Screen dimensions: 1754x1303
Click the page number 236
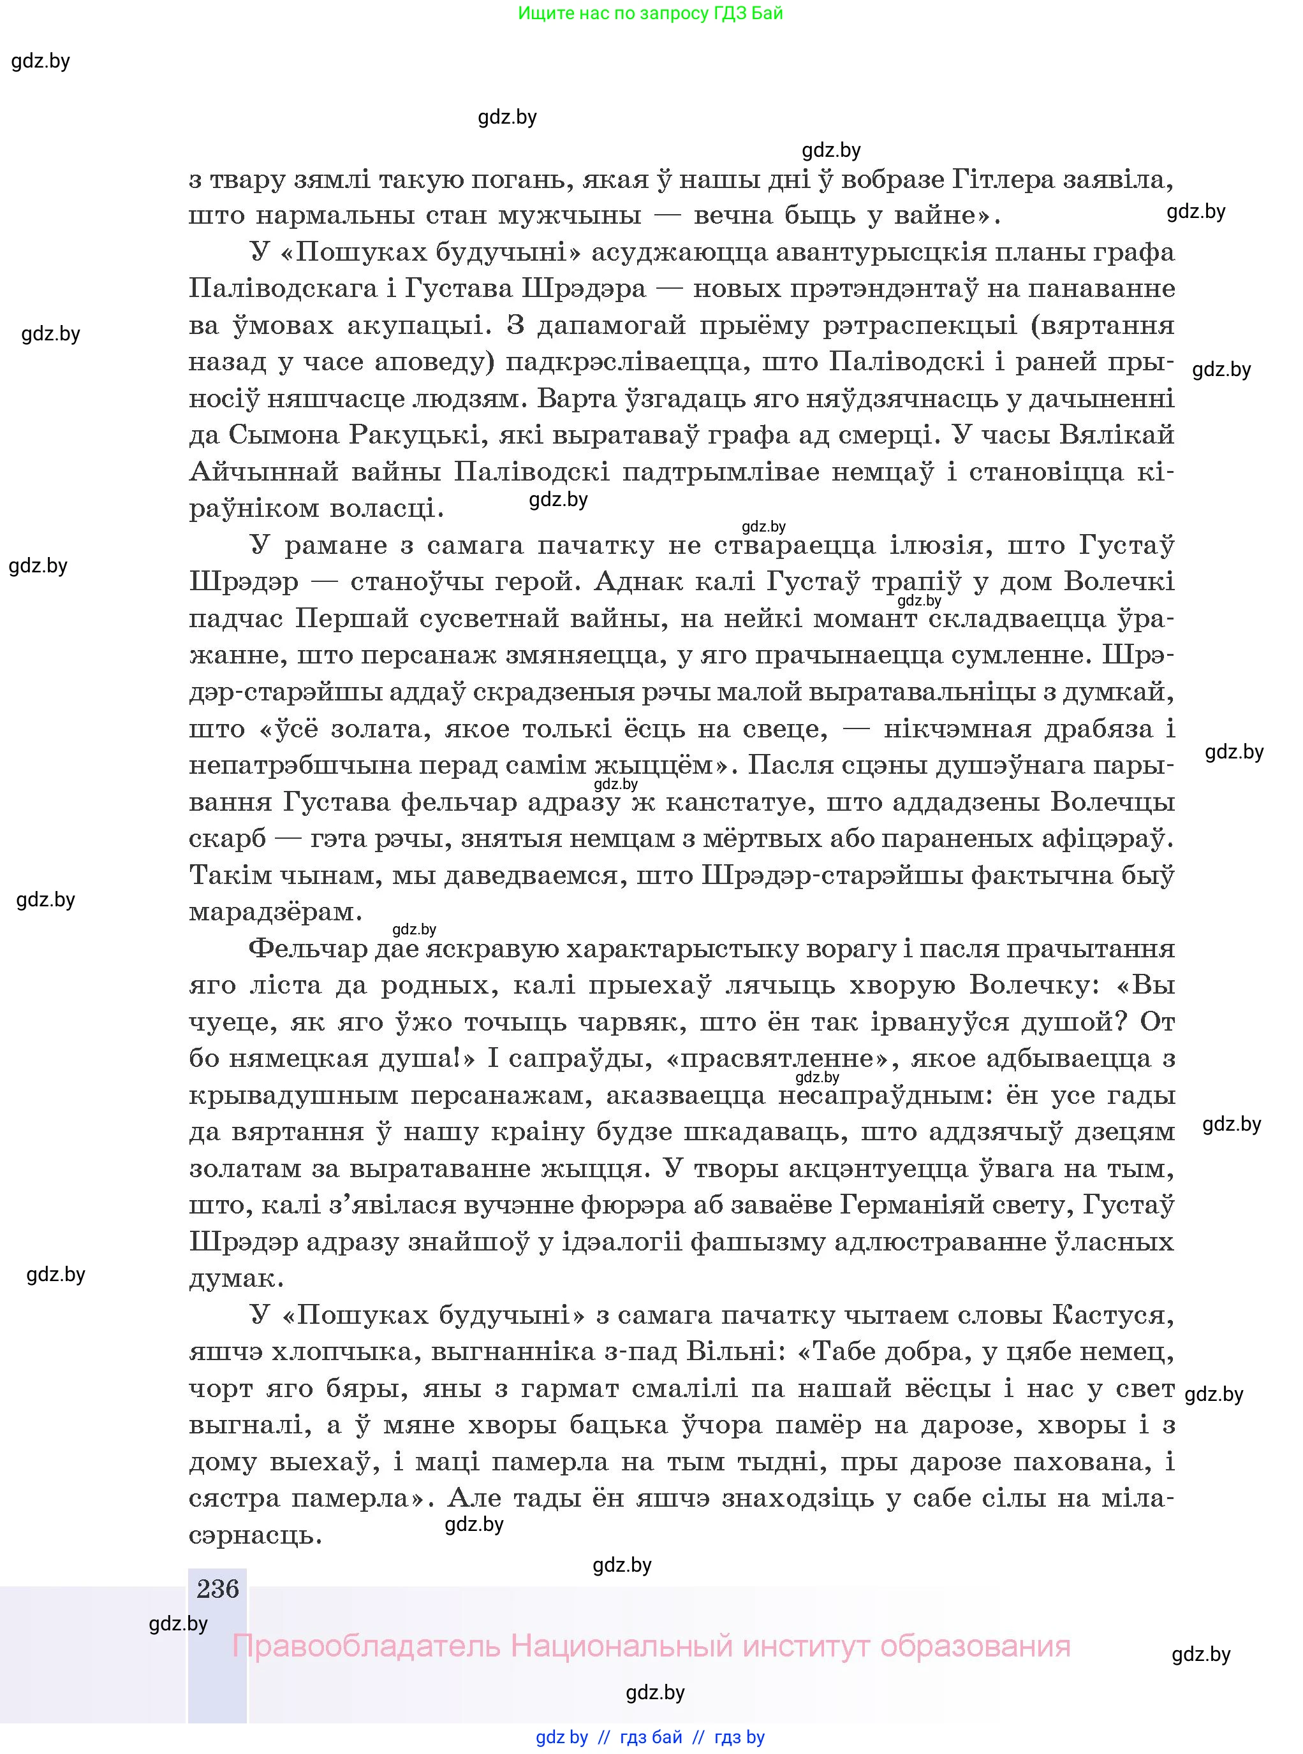(x=217, y=1588)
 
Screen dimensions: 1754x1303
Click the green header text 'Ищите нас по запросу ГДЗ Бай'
(x=651, y=13)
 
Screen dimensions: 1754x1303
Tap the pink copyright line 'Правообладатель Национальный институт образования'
(x=651, y=1646)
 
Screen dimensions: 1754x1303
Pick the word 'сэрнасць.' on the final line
(x=256, y=1534)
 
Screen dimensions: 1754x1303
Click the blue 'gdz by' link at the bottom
(x=562, y=1737)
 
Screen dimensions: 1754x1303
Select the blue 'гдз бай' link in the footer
(x=651, y=1737)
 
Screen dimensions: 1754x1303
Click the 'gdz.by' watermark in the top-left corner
(x=41, y=61)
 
